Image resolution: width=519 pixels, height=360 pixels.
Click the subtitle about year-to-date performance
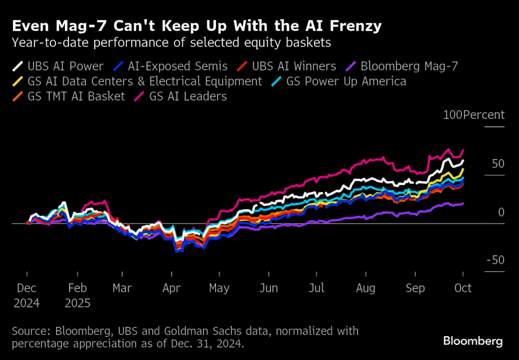pyautogui.click(x=171, y=43)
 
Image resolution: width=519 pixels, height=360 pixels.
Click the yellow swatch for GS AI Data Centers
pyautogui.click(x=17, y=82)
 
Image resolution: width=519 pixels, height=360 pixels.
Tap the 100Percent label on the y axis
pyautogui.click(x=473, y=115)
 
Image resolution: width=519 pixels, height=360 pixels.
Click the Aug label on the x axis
pyautogui.click(x=365, y=288)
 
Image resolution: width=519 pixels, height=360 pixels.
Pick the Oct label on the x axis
pyautogui.click(x=463, y=288)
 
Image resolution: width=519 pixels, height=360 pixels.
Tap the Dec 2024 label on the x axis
pyautogui.click(x=26, y=295)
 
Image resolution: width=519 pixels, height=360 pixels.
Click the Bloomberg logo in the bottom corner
pyautogui.click(x=473, y=341)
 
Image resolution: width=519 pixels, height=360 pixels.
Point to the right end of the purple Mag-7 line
pyautogui.click(x=463, y=203)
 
